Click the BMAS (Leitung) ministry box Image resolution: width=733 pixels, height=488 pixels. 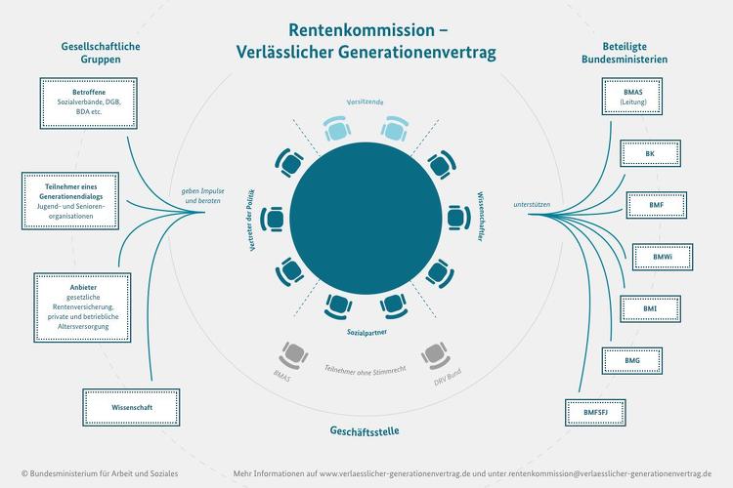point(632,97)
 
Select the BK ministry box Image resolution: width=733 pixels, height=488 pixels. point(650,153)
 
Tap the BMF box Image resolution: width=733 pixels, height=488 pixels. point(657,205)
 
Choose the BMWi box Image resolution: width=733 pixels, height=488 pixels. point(663,257)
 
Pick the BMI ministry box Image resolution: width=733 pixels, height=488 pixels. point(650,308)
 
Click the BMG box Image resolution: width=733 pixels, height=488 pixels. point(632,360)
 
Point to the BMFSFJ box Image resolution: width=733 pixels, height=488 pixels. point(595,412)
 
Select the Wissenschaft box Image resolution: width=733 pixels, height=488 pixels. point(131,408)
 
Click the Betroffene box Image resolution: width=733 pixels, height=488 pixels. point(88,103)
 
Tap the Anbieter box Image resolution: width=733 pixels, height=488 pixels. point(82,307)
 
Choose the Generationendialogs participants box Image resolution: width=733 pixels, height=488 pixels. point(70,201)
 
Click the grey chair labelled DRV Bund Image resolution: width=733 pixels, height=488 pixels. point(436,355)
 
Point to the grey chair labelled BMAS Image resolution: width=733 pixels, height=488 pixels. point(293,355)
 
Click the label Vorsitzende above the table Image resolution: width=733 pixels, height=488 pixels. point(366,102)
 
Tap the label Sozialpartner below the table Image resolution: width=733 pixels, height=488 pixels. point(366,333)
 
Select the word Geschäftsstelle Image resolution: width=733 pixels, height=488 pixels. point(365,430)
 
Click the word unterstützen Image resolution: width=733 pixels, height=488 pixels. point(532,205)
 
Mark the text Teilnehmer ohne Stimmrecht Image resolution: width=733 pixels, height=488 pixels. point(366,370)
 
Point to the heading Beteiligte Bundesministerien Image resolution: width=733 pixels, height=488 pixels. point(625,53)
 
